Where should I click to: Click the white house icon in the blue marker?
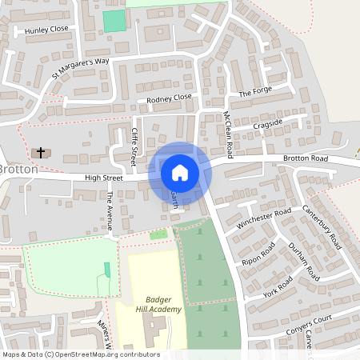click(180, 172)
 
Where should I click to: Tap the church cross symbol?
click(39, 151)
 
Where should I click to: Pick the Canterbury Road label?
click(322, 222)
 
